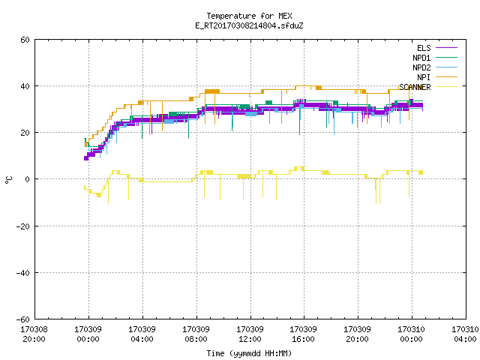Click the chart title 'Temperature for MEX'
point(249,16)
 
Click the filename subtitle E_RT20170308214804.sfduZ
point(249,25)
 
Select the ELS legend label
point(424,48)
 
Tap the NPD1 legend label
point(421,58)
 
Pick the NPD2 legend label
point(421,67)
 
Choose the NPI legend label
point(424,77)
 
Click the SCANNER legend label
point(415,87)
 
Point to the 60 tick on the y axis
point(25,40)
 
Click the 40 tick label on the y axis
point(25,86)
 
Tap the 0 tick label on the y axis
point(28,179)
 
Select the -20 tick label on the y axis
point(23,226)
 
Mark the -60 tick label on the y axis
point(23,319)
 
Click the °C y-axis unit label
point(8,180)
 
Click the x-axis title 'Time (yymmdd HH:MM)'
point(249,353)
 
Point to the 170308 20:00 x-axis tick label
point(34,334)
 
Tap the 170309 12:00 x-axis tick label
point(250,334)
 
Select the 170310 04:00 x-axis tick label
point(465,334)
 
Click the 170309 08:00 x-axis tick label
point(196,334)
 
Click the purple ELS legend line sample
point(447,48)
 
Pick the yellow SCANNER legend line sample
point(447,87)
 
